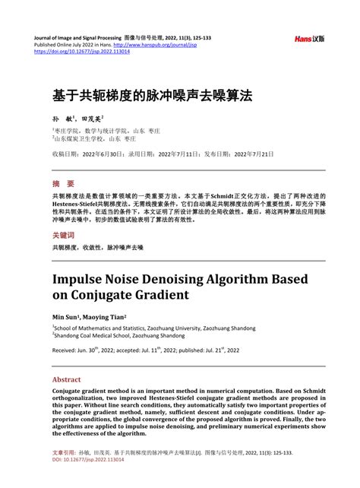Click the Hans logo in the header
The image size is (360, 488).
coord(310,38)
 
